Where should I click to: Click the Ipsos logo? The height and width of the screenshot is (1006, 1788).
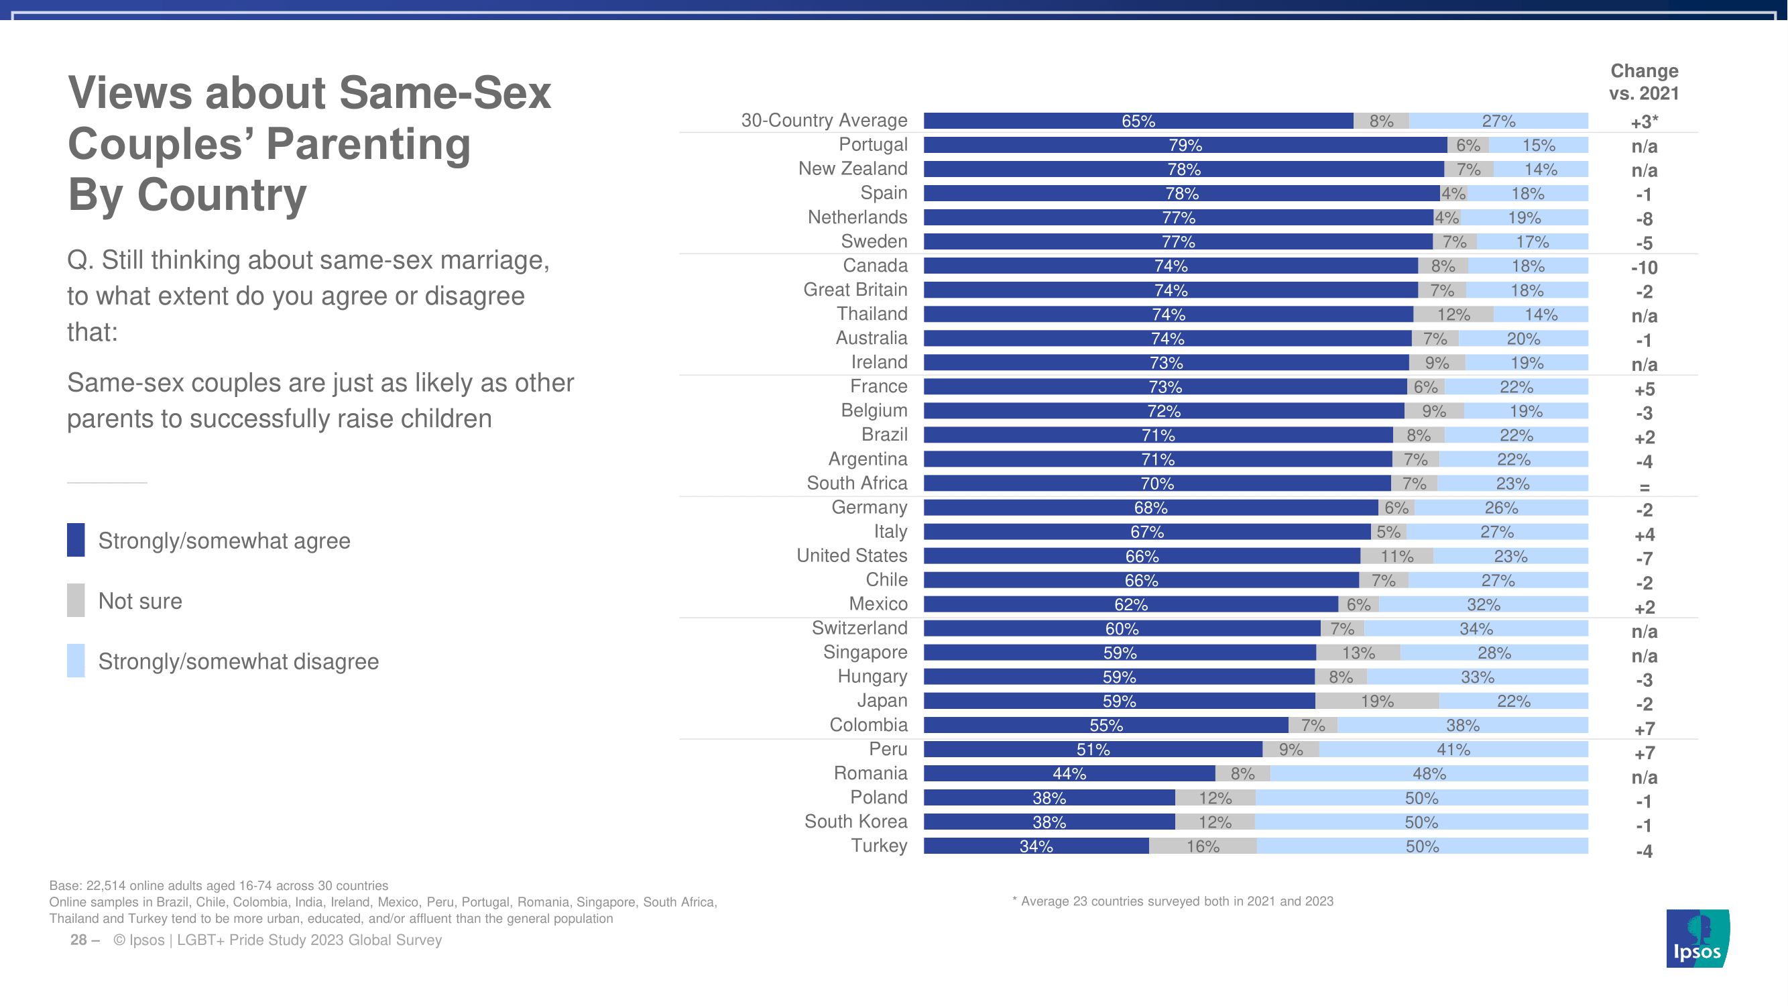pyautogui.click(x=1697, y=938)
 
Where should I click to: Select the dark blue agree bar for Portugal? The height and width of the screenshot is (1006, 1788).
pyautogui.click(x=1185, y=145)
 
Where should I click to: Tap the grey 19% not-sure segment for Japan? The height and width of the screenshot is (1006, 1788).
pyautogui.click(x=1377, y=702)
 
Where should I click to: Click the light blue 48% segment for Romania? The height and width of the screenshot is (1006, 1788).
pyautogui.click(x=1429, y=773)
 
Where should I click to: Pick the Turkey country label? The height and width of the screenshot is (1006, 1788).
pyautogui.click(x=879, y=846)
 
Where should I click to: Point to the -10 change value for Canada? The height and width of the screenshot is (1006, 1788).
pyautogui.click(x=1644, y=268)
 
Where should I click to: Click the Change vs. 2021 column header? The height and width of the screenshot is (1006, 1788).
pyautogui.click(x=1644, y=82)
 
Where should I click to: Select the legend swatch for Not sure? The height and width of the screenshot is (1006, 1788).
pyautogui.click(x=76, y=600)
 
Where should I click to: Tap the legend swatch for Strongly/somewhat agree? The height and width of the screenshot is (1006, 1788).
pyautogui.click(x=76, y=539)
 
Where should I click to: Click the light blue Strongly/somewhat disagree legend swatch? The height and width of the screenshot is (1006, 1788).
pyautogui.click(x=76, y=660)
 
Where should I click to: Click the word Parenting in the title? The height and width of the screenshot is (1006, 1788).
pyautogui.click(x=368, y=144)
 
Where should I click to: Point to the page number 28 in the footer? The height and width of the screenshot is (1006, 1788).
pyautogui.click(x=78, y=940)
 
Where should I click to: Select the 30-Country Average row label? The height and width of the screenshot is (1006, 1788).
pyautogui.click(x=824, y=121)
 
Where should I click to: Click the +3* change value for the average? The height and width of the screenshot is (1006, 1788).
pyautogui.click(x=1644, y=122)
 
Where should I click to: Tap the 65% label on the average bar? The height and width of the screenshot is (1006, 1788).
pyautogui.click(x=1138, y=121)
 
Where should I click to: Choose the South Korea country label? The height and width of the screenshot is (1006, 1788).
pyautogui.click(x=855, y=822)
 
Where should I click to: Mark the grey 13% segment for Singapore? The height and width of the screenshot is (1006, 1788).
pyautogui.click(x=1358, y=653)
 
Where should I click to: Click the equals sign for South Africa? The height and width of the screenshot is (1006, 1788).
pyautogui.click(x=1644, y=488)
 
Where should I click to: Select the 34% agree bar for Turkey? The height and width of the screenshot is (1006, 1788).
pyautogui.click(x=1036, y=846)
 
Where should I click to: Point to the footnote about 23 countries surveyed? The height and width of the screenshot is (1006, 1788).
pyautogui.click(x=1173, y=901)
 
